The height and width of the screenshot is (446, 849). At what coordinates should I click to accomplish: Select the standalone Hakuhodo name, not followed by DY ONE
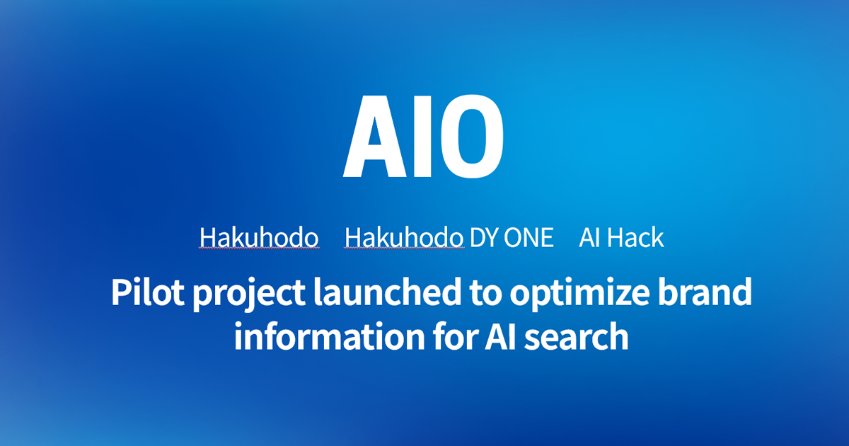[x=259, y=238]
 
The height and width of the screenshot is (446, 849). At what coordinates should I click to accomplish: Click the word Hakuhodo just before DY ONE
[x=404, y=238]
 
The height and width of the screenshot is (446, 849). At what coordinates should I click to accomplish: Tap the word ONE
[x=529, y=238]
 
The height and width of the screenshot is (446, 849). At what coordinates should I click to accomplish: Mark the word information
[x=320, y=337]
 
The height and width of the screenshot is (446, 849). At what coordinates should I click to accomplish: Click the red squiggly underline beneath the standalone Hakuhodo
[x=259, y=250]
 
